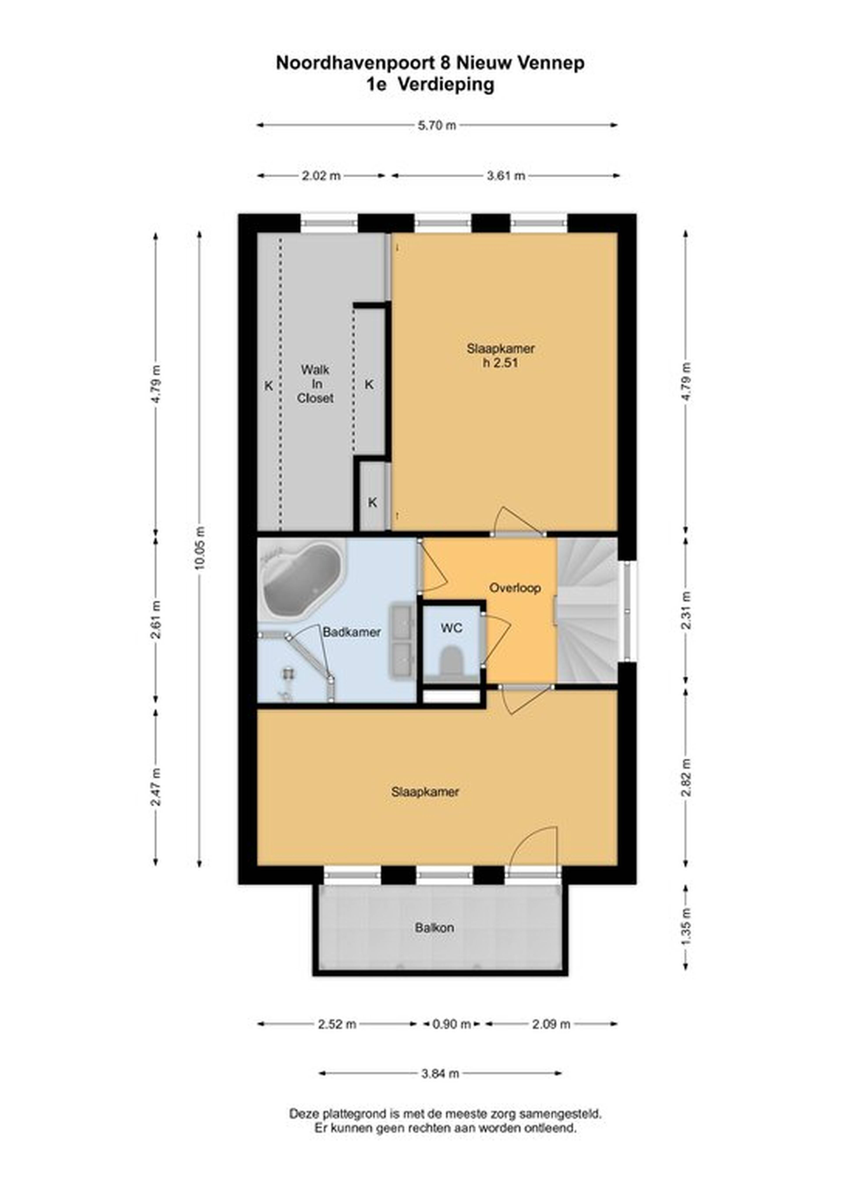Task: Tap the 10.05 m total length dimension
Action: pyautogui.click(x=200, y=548)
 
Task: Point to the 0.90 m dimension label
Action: pyautogui.click(x=451, y=1024)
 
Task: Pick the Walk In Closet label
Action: pyautogui.click(x=315, y=384)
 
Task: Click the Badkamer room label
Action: pyautogui.click(x=352, y=632)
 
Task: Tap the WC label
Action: pyautogui.click(x=451, y=628)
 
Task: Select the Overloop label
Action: pyautogui.click(x=515, y=588)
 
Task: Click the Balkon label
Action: pyautogui.click(x=434, y=927)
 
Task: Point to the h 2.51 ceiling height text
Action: pyautogui.click(x=501, y=363)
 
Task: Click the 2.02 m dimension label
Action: pyautogui.click(x=321, y=176)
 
